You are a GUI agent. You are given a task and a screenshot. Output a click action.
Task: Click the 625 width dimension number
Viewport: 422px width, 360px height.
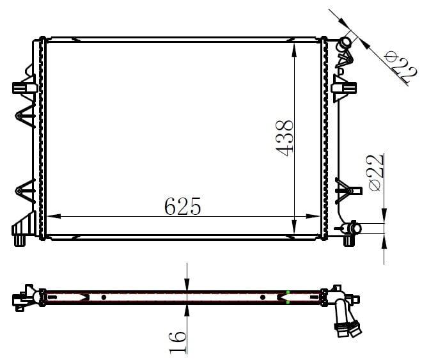[182, 207]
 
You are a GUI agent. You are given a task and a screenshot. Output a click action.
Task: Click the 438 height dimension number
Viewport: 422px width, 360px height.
[284, 138]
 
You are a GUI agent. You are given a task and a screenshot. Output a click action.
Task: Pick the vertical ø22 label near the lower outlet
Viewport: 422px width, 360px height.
[375, 173]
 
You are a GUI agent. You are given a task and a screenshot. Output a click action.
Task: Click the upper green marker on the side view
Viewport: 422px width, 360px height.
[288, 292]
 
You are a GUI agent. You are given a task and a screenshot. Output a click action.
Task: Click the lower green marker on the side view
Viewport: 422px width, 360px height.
[288, 302]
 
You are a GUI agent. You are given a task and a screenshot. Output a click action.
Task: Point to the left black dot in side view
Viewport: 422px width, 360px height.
[104, 297]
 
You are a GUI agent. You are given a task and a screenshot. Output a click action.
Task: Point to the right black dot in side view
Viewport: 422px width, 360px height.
[263, 297]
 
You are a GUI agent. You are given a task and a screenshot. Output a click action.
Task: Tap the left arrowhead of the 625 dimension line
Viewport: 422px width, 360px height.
[54, 216]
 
